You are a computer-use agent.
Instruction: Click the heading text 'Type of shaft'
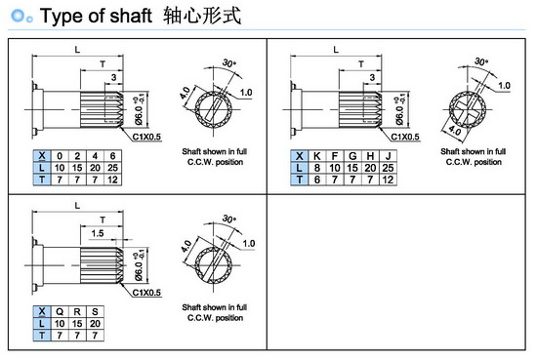pos(96,16)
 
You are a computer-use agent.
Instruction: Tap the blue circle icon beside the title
pos(18,16)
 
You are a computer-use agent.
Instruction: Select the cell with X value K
pos(317,156)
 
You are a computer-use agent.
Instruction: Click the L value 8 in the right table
pos(317,168)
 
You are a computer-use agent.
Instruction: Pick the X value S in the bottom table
pos(95,312)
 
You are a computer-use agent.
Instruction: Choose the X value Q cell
pos(60,312)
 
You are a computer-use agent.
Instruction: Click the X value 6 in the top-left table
pos(112,156)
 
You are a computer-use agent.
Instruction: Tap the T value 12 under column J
pos(388,180)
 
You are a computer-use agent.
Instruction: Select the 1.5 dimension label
pos(98,233)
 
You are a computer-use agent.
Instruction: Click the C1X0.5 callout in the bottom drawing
pos(146,293)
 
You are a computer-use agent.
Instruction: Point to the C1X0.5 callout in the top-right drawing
pos(405,137)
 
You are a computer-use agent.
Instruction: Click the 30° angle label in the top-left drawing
pos(229,63)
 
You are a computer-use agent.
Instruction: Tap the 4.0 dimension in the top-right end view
pos(454,131)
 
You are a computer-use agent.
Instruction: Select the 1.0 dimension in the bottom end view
pos(249,244)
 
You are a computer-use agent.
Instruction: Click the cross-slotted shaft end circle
pos(468,110)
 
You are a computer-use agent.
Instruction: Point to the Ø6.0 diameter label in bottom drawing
pos(140,266)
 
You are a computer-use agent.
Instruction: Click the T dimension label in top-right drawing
pos(361,64)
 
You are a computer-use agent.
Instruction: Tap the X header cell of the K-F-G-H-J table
pos(300,156)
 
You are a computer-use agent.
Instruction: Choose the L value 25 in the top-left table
pos(112,168)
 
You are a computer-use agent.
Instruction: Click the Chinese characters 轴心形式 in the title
pos(202,16)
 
